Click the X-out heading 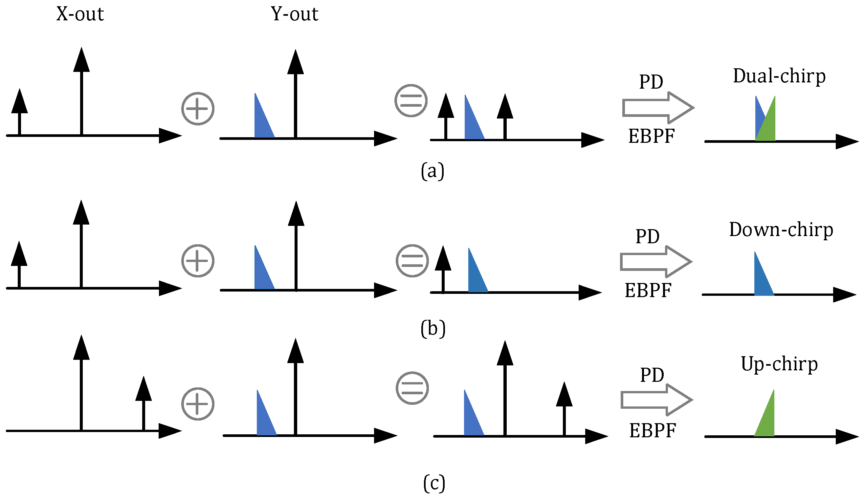pyautogui.click(x=80, y=14)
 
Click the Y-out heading pyautogui.click(x=295, y=14)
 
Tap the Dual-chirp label pyautogui.click(x=779, y=76)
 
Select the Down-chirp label pyautogui.click(x=781, y=229)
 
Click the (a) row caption pyautogui.click(x=433, y=171)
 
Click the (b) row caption pyautogui.click(x=433, y=328)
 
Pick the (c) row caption pyautogui.click(x=434, y=483)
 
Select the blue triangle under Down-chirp pyautogui.click(x=761, y=280)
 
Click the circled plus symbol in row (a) pyautogui.click(x=198, y=108)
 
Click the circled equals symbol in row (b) pyautogui.click(x=412, y=261)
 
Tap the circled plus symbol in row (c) pyautogui.click(x=198, y=403)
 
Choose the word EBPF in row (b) pyautogui.click(x=648, y=290)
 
